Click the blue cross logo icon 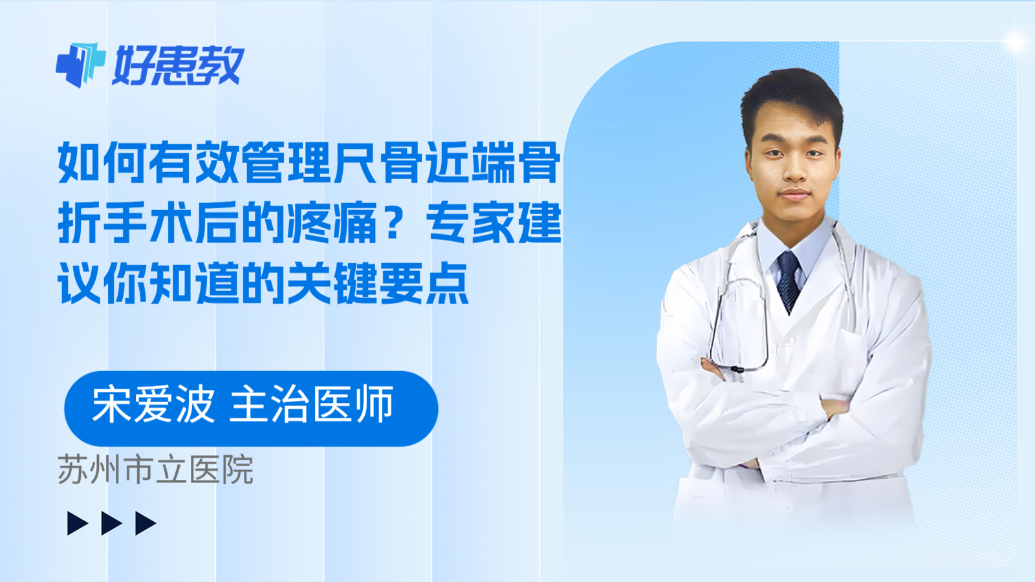coord(81,65)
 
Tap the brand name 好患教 coord(179,65)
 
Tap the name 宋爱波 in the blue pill coord(153,405)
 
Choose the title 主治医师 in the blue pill coord(311,405)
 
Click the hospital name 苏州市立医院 coord(156,469)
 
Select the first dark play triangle coord(77,523)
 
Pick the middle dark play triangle coord(111,523)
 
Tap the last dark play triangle coord(146,523)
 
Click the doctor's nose coord(795,169)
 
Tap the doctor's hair coord(792,100)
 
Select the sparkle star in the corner coord(1016,41)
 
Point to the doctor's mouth coord(795,195)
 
